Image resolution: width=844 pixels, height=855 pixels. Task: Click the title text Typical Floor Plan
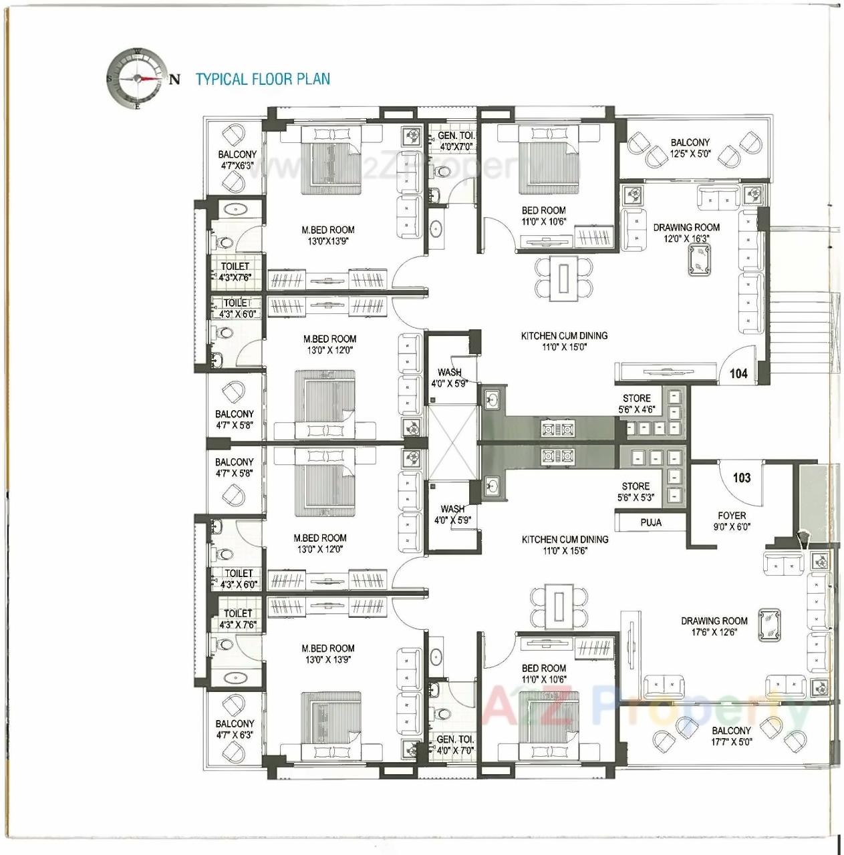point(263,79)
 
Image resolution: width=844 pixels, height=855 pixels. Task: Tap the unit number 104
point(738,373)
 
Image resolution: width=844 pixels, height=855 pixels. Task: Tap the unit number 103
point(742,478)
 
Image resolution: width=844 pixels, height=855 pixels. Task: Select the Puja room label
point(651,522)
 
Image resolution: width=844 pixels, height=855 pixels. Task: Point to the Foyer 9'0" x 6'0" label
point(732,521)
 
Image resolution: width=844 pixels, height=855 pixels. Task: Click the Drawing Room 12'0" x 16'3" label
point(686,232)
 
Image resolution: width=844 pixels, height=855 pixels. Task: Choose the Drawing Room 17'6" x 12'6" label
point(714,626)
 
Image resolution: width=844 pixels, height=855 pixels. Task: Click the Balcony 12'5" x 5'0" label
point(690,148)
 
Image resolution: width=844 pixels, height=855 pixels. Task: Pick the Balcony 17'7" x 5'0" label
point(730,736)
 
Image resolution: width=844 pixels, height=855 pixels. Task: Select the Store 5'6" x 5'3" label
point(636,492)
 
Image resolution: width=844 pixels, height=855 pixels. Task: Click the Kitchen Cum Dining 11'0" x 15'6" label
point(565,544)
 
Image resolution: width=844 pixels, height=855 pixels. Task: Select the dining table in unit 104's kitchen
point(564,279)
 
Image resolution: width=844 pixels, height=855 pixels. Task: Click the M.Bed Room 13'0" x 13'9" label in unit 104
point(328,235)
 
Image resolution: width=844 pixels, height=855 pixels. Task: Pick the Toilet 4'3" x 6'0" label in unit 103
point(239,578)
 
